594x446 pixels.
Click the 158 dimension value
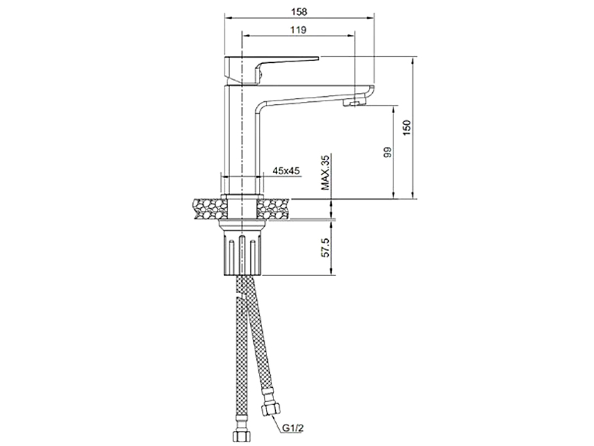click(299, 11)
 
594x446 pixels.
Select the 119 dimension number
click(298, 30)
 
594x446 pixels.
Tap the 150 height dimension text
click(407, 128)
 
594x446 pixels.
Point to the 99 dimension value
click(387, 152)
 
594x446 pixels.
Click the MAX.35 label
click(326, 172)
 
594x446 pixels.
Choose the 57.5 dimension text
click(326, 248)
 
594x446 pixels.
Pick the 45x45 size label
click(286, 171)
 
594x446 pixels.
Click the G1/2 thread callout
click(292, 428)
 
